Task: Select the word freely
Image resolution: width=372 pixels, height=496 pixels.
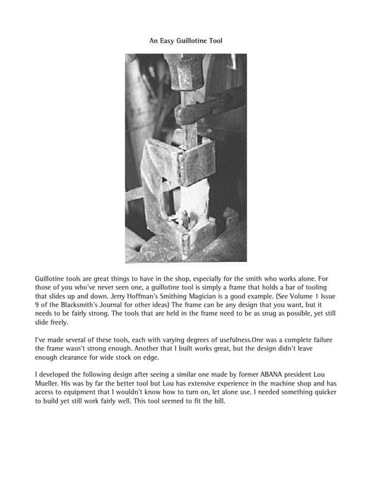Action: [x=58, y=323]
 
